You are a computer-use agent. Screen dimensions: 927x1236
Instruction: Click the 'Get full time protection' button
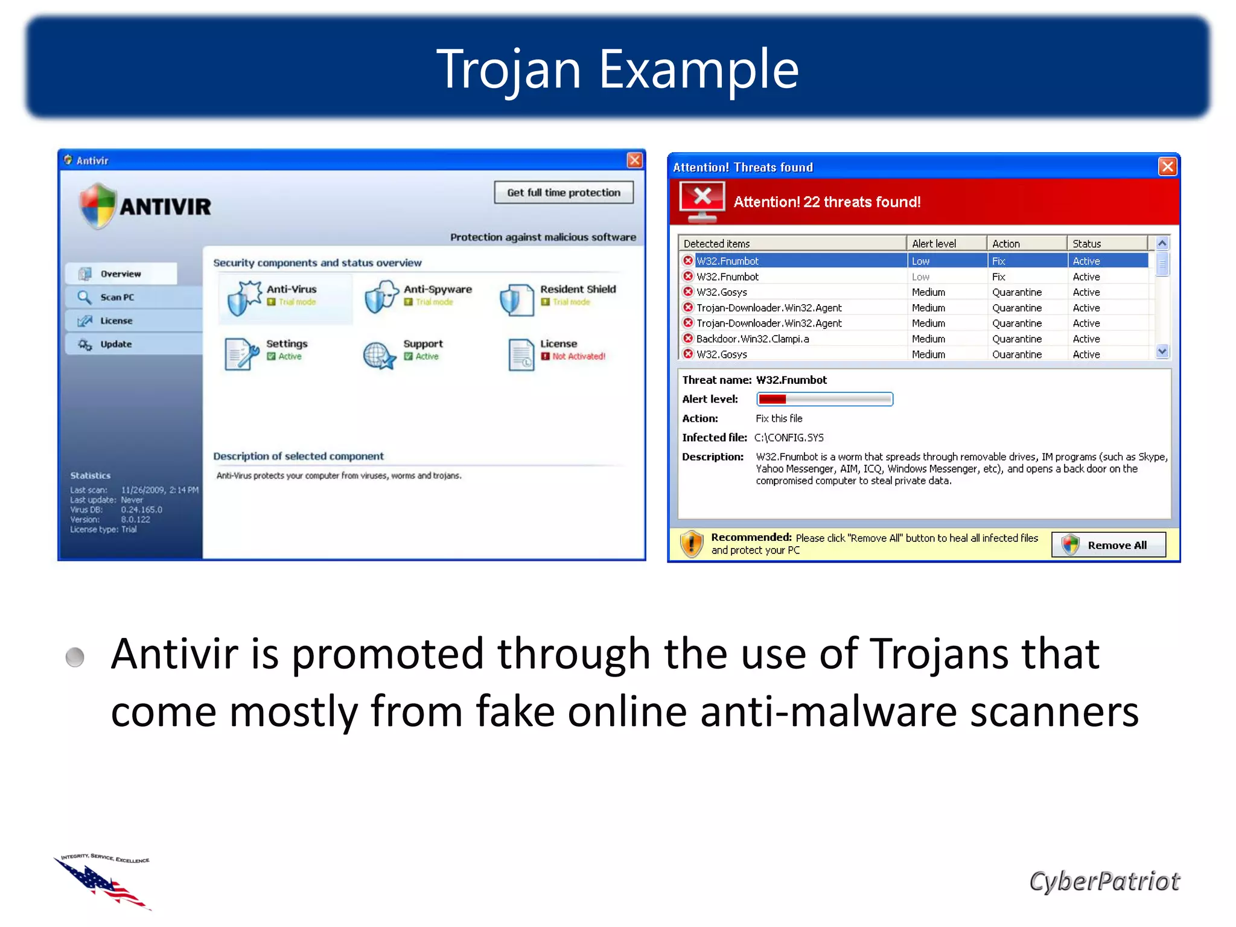pyautogui.click(x=564, y=193)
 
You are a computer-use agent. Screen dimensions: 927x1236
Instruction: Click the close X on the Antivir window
pyautogui.click(x=634, y=161)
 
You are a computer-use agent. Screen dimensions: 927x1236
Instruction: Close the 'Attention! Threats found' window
pyautogui.click(x=1167, y=167)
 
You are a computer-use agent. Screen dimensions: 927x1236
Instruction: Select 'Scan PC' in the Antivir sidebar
pyautogui.click(x=117, y=298)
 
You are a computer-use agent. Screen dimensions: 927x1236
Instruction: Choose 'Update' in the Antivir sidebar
pyautogui.click(x=116, y=345)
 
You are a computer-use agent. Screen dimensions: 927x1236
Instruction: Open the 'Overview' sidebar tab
pyautogui.click(x=120, y=274)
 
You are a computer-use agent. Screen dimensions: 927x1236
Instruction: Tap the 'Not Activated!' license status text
pyautogui.click(x=579, y=357)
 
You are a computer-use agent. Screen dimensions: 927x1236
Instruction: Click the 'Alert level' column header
pyautogui.click(x=934, y=244)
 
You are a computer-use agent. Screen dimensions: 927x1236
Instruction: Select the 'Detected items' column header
pyautogui.click(x=716, y=244)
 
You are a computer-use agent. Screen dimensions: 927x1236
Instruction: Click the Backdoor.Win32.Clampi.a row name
pyautogui.click(x=753, y=339)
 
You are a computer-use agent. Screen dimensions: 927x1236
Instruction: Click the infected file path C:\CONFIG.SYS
pyautogui.click(x=789, y=438)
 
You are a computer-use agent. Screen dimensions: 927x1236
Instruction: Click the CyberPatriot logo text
pyautogui.click(x=1104, y=881)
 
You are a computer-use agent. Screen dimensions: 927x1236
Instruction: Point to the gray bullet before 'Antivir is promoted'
pyautogui.click(x=75, y=657)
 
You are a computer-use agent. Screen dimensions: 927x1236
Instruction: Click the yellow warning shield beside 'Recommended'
pyautogui.click(x=692, y=544)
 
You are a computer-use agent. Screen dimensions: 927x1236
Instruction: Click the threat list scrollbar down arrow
pyautogui.click(x=1162, y=351)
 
